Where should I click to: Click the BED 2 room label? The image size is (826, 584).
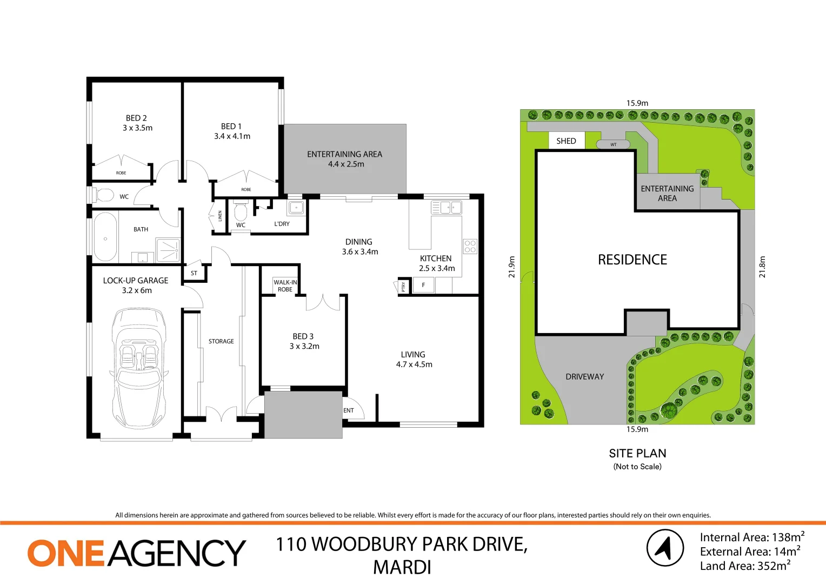tap(137, 118)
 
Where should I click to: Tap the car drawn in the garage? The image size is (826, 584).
tap(139, 368)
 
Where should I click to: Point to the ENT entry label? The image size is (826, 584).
tap(349, 410)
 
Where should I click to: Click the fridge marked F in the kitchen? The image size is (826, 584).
tap(423, 285)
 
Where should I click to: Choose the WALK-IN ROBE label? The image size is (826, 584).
tap(285, 286)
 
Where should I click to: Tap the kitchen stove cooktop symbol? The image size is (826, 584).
tap(470, 247)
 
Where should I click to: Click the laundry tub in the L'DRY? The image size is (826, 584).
tap(296, 208)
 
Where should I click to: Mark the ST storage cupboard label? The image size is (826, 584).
tap(194, 273)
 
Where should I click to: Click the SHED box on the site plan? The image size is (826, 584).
tap(566, 141)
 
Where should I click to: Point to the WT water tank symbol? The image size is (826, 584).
tap(613, 144)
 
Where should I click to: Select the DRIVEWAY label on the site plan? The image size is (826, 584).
tap(585, 377)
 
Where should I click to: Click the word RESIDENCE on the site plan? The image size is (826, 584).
tap(632, 260)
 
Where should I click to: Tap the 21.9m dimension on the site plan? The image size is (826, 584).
tap(512, 267)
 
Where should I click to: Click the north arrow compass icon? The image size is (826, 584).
tap(665, 547)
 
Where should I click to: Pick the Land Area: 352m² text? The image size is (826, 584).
tap(745, 566)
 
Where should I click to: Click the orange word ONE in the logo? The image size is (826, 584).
tap(65, 553)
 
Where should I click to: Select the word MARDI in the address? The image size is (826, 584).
tap(402, 567)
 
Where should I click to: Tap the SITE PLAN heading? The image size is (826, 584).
tap(637, 454)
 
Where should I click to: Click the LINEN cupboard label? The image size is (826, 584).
tap(220, 216)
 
